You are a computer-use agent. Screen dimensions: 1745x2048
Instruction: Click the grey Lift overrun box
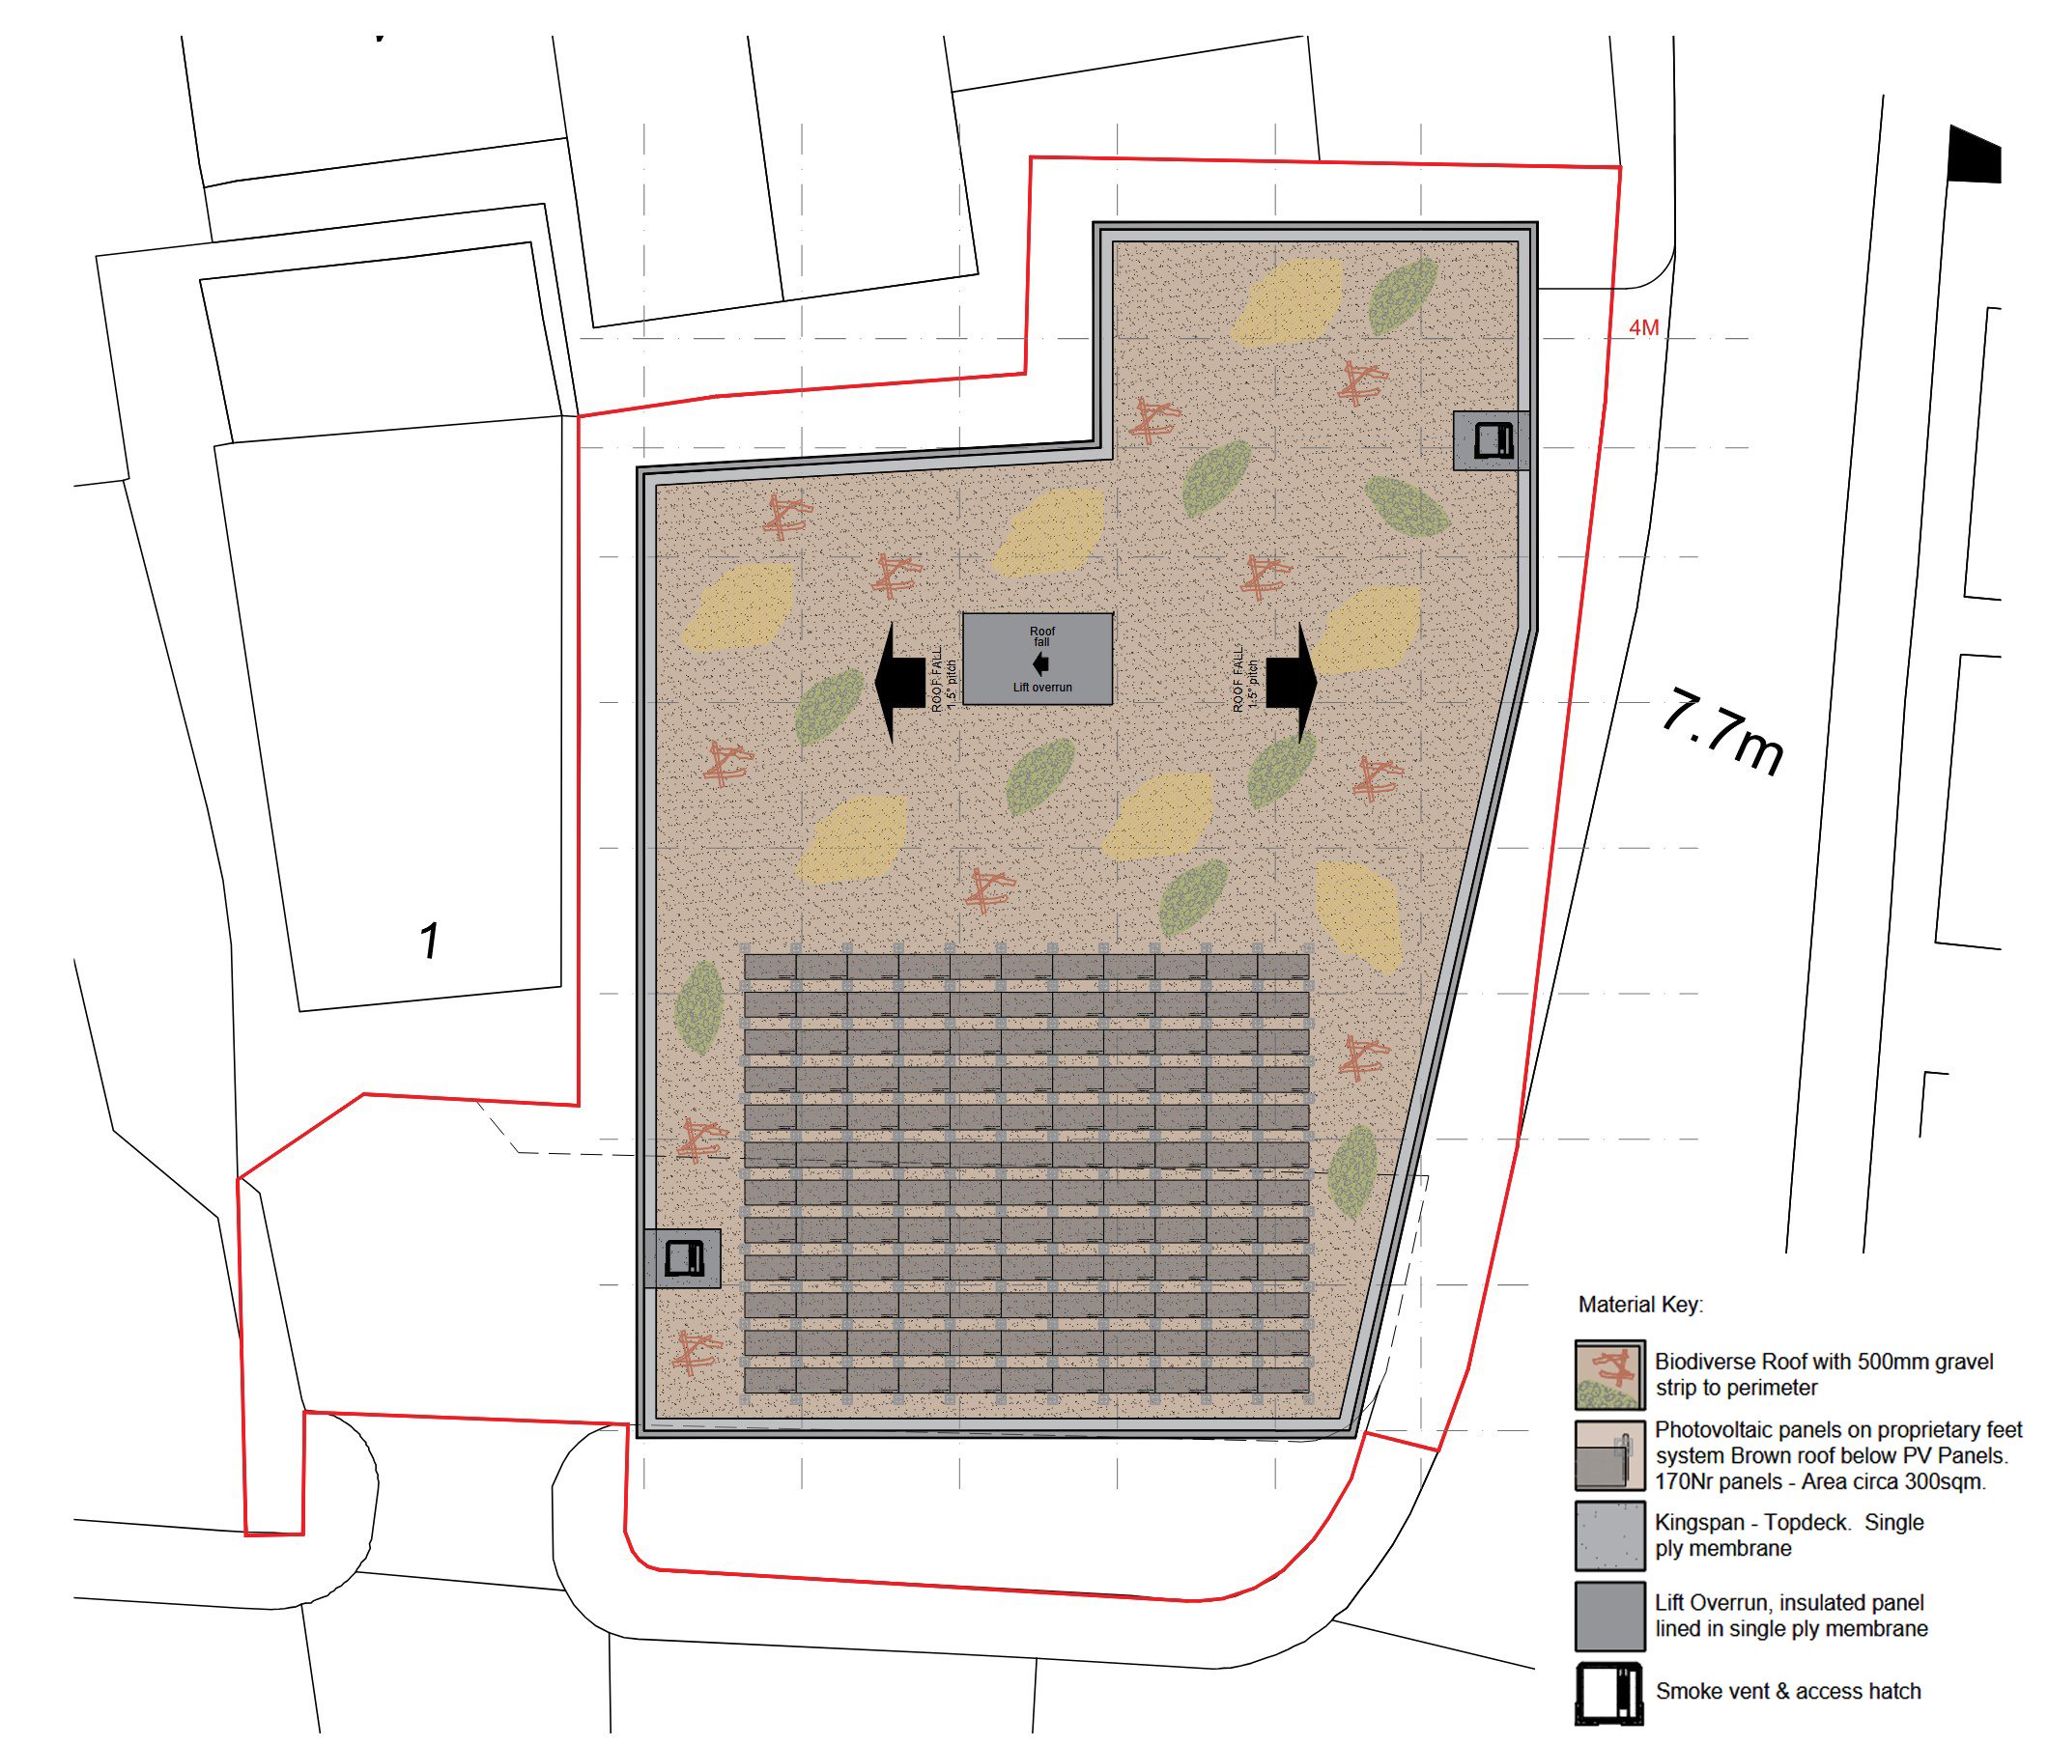pyautogui.click(x=1037, y=658)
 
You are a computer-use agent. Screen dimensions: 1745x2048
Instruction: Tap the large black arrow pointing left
pyautogui.click(x=898, y=682)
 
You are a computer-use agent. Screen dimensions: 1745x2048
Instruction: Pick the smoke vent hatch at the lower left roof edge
pyautogui.click(x=683, y=1258)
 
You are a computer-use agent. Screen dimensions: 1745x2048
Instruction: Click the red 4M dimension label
pyautogui.click(x=1644, y=328)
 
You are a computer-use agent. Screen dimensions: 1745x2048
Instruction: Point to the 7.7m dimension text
pyautogui.click(x=1722, y=733)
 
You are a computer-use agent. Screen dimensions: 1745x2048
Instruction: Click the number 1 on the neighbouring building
pyautogui.click(x=429, y=941)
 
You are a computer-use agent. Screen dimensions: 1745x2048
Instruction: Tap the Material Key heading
pyautogui.click(x=1640, y=1305)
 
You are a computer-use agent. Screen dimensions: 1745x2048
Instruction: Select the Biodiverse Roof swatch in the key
pyautogui.click(x=1609, y=1374)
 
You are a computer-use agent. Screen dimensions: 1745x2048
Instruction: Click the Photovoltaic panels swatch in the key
pyautogui.click(x=1609, y=1454)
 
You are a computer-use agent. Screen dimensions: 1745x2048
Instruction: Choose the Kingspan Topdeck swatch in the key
pyautogui.click(x=1609, y=1535)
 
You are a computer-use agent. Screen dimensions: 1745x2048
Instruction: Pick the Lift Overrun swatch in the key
pyautogui.click(x=1609, y=1617)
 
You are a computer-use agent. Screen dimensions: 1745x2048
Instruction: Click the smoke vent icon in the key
pyautogui.click(x=1609, y=1694)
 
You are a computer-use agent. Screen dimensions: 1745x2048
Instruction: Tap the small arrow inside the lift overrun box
pyautogui.click(x=1039, y=665)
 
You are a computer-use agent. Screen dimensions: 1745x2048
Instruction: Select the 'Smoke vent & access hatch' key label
pyautogui.click(x=1788, y=1691)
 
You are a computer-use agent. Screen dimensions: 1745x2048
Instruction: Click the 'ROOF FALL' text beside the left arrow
pyautogui.click(x=937, y=680)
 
